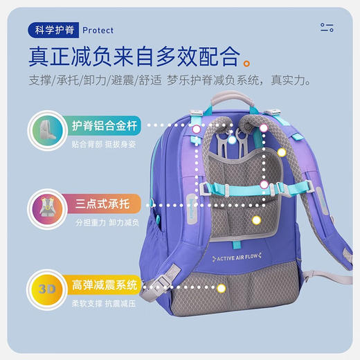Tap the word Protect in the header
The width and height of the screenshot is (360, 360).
point(98,30)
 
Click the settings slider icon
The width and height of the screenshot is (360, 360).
point(327,28)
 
